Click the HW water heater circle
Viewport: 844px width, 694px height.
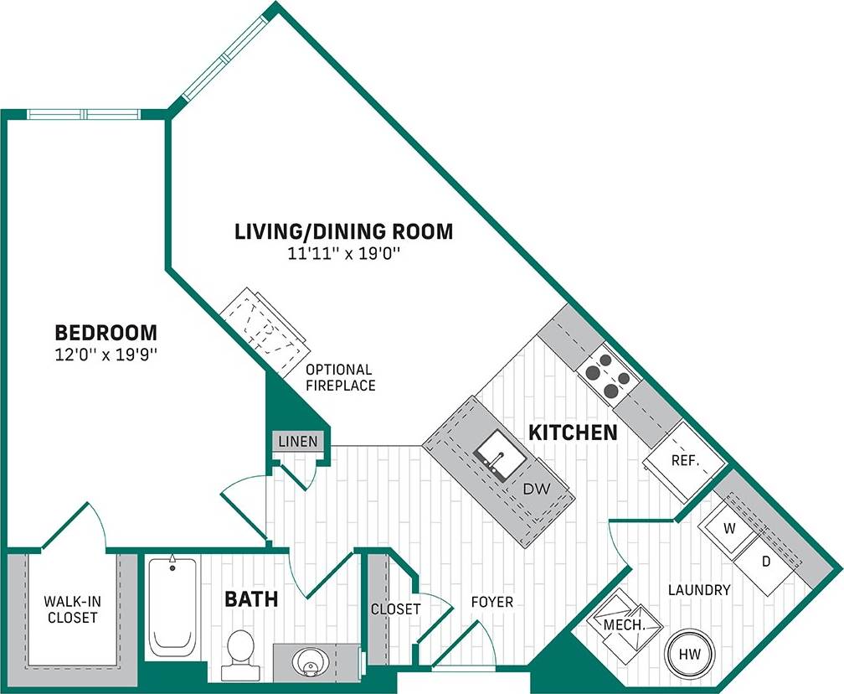coord(687,652)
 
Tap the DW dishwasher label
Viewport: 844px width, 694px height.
coord(533,488)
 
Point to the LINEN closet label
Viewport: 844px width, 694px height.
coord(298,442)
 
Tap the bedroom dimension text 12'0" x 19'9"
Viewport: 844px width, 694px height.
coord(105,355)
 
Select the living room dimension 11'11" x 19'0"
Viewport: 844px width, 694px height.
coord(343,254)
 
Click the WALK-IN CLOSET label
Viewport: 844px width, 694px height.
coord(70,609)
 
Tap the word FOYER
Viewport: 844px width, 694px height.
coord(491,602)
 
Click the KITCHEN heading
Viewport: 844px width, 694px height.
coord(573,433)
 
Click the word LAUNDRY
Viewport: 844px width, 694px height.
coord(699,590)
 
